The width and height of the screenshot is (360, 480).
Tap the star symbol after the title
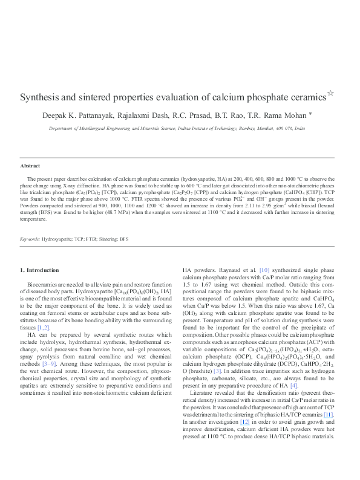click(x=330, y=93)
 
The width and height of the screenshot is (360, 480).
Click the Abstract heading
click(x=30, y=165)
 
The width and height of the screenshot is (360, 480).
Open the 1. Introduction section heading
click(x=40, y=270)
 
